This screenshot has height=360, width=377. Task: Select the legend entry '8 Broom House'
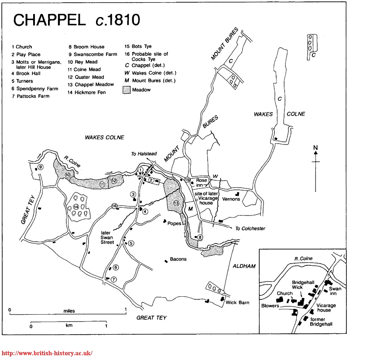pos(86,47)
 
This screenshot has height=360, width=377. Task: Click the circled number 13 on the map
pos(176,203)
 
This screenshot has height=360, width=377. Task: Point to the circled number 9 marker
pos(40,167)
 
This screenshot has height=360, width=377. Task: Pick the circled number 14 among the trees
pos(76,206)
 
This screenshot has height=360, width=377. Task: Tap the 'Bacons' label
pos(178,259)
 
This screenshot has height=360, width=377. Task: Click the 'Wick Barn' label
pos(237,302)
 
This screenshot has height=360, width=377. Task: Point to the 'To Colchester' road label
pos(250,229)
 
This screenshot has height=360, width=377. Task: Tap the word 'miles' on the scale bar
pos(69,311)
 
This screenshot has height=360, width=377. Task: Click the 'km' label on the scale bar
pos(69,326)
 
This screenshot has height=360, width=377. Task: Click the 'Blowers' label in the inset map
pos(270,306)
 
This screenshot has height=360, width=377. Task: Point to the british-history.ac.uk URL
pos(48,353)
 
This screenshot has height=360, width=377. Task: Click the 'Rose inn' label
pos(201,182)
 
